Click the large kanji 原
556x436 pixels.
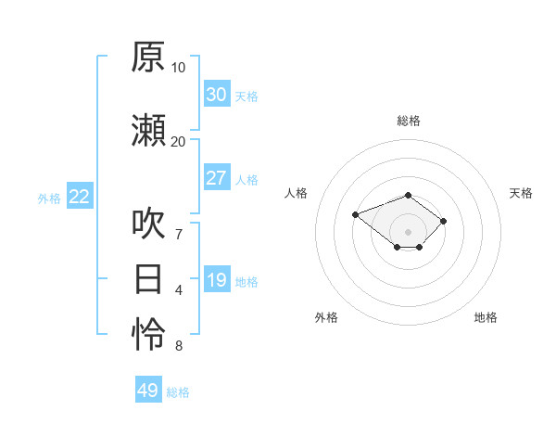(148, 57)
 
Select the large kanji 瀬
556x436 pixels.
(148, 130)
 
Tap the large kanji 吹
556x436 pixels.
(148, 224)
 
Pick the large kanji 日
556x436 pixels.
(148, 279)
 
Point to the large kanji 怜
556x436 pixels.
(148, 334)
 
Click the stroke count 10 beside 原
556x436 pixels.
(178, 68)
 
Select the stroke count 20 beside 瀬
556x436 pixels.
(178, 142)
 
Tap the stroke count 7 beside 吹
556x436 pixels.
(179, 235)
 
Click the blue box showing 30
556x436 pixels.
(218, 94)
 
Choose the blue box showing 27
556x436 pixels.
(218, 177)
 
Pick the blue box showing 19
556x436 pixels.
(218, 278)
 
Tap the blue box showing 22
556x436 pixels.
(80, 196)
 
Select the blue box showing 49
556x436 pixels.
(148, 389)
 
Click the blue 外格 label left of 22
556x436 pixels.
(49, 199)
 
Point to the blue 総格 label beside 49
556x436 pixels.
(178, 392)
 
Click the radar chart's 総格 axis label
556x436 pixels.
(409, 121)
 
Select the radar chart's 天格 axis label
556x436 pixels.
(521, 193)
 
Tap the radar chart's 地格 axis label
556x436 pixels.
(486, 317)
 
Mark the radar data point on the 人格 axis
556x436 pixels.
(355, 214)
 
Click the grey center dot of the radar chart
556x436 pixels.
(408, 232)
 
